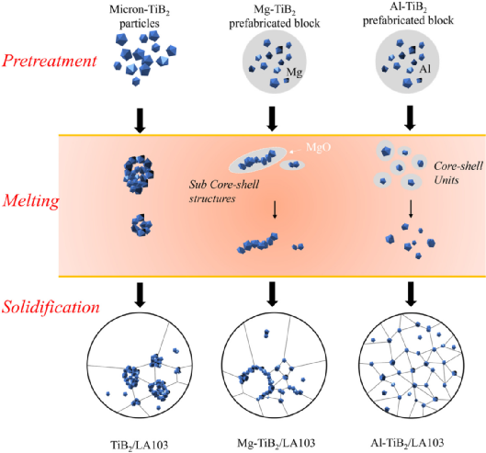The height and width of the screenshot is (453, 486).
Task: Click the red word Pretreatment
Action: [50, 61]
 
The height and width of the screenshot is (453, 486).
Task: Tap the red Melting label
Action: [31, 201]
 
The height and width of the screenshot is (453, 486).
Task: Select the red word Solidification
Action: [51, 307]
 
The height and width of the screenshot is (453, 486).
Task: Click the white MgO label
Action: [318, 147]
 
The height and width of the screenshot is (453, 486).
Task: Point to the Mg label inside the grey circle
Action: [294, 73]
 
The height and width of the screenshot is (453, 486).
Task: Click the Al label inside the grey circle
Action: [425, 69]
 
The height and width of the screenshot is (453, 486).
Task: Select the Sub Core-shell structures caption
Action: [224, 191]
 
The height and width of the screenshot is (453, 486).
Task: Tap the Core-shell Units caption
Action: [458, 173]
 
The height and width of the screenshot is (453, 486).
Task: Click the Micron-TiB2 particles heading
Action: [140, 17]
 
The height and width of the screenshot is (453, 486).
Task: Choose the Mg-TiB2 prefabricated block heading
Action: [275, 17]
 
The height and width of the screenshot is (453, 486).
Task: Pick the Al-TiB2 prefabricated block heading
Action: [408, 14]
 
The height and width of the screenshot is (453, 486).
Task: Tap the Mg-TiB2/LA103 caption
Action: [277, 443]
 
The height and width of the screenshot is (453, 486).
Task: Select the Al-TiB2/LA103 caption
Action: [407, 443]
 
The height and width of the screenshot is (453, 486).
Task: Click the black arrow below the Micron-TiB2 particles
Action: [140, 120]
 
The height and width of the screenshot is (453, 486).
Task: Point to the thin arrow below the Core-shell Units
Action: [411, 209]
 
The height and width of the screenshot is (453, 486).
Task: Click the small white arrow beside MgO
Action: [295, 151]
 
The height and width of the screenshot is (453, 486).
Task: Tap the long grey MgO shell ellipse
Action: [258, 160]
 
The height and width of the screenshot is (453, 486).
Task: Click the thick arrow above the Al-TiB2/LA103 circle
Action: [411, 294]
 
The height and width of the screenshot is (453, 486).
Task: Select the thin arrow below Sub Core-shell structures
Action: [275, 210]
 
